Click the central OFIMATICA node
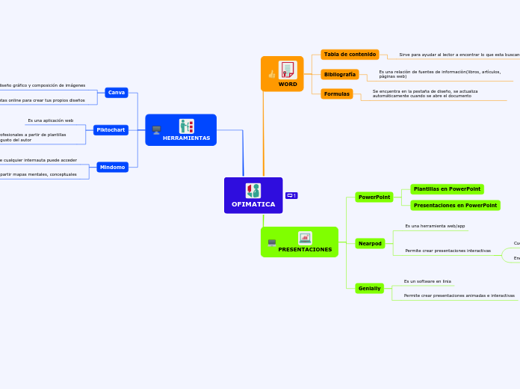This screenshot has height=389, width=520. (x=253, y=196)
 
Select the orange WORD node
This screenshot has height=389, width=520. (x=282, y=74)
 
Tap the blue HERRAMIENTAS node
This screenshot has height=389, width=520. (x=181, y=130)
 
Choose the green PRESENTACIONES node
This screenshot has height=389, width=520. (x=300, y=242)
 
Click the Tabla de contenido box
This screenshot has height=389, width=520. (x=350, y=55)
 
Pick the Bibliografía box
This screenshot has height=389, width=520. (x=340, y=75)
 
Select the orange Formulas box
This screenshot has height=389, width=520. (x=336, y=94)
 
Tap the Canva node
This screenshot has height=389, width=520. (x=117, y=93)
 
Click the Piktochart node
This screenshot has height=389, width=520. (x=111, y=130)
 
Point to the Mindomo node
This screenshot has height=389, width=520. (x=112, y=168)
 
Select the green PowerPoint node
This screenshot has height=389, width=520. (x=374, y=197)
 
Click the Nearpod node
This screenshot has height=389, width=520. (x=370, y=244)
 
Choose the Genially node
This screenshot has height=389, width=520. (x=369, y=289)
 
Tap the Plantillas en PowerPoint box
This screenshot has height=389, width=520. (x=447, y=189)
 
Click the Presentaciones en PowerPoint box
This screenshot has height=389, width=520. (x=455, y=205)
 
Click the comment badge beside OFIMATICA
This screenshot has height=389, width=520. (x=291, y=196)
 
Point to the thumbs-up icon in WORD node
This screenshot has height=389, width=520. (x=271, y=74)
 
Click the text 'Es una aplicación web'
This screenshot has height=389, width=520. (x=51, y=120)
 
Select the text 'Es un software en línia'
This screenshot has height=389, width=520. (x=427, y=281)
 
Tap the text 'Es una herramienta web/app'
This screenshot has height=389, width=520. (x=435, y=226)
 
